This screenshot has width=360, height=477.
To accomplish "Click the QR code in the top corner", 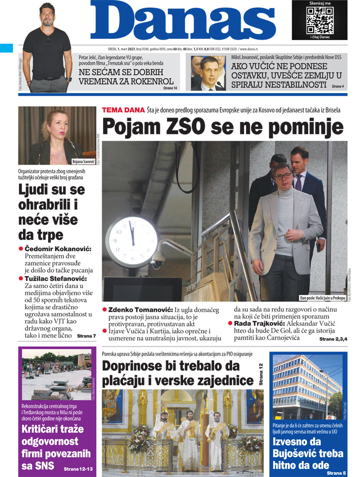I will click(320, 20).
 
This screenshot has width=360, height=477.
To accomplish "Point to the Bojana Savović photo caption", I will click(83, 162).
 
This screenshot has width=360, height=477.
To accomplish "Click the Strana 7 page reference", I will click(86, 336).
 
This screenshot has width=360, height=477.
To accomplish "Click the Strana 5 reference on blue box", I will click(336, 473).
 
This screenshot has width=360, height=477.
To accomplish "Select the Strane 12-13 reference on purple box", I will click(78, 469).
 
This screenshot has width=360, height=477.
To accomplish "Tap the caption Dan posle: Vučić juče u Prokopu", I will click(322, 298).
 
